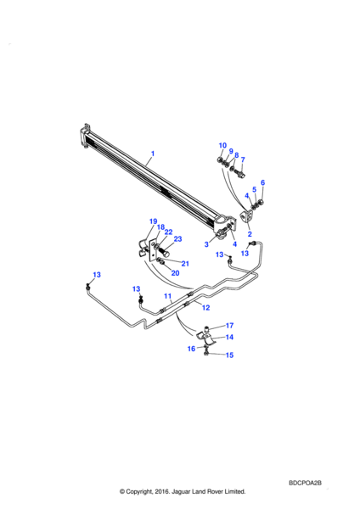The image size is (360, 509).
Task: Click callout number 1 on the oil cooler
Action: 153,154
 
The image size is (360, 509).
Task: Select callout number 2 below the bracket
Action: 250,234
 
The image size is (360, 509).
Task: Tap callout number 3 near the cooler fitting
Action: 206,244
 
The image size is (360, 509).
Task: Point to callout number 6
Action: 262,182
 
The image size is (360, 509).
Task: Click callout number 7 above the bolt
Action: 243,159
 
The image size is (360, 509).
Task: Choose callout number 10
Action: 222,145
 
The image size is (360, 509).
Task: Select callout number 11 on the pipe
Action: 167,296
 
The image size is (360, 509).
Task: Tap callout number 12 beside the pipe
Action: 206,307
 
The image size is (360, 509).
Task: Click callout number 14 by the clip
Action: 229,337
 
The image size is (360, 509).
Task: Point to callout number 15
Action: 229,355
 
